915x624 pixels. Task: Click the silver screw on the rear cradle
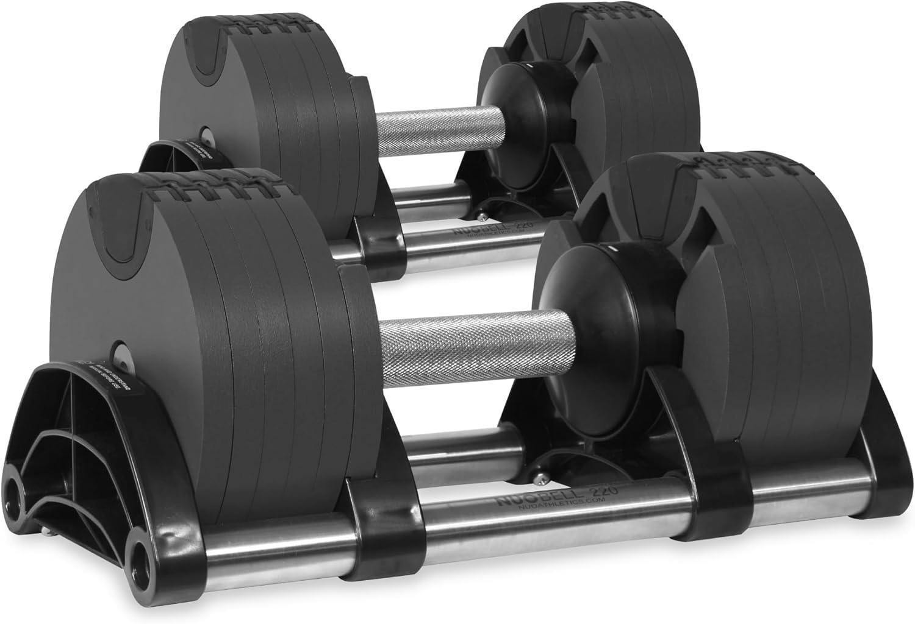point(481,214)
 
